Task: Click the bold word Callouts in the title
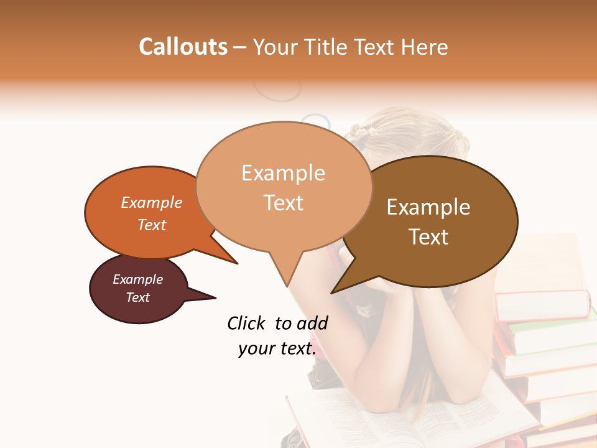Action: click(x=183, y=47)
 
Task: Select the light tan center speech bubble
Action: click(x=284, y=187)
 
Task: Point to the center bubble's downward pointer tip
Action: click(x=287, y=286)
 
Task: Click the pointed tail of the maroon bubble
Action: click(x=215, y=297)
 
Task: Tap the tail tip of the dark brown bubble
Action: click(x=332, y=292)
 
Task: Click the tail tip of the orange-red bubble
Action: click(x=237, y=263)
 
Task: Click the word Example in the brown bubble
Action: click(x=428, y=207)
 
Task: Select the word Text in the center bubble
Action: click(x=284, y=203)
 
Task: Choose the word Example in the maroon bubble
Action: click(x=138, y=279)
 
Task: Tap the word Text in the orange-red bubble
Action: click(x=152, y=225)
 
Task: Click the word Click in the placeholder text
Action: click(x=246, y=323)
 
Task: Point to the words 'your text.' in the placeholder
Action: click(x=277, y=348)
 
